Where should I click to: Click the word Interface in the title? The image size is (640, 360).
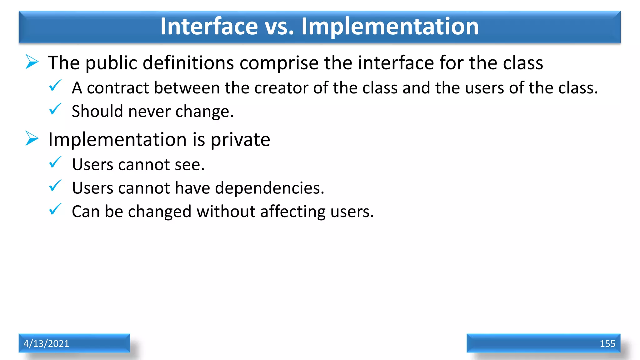(x=209, y=26)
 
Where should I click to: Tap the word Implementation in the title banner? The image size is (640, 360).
(x=390, y=26)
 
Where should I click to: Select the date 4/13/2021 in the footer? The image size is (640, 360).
(x=46, y=343)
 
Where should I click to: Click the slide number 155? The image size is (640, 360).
(x=607, y=344)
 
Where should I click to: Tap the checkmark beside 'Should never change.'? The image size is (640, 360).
(x=55, y=109)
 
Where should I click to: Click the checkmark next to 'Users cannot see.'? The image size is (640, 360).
(x=55, y=162)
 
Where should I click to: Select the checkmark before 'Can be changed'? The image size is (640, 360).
(x=55, y=209)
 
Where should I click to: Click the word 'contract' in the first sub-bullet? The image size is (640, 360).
(x=120, y=88)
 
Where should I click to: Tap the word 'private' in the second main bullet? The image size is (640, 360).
(x=240, y=140)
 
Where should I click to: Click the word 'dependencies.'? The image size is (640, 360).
(x=270, y=188)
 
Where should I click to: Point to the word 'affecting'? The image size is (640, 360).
(x=293, y=212)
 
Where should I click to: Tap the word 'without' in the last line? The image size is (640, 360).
(x=226, y=212)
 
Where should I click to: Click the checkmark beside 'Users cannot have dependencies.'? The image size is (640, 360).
(x=55, y=186)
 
